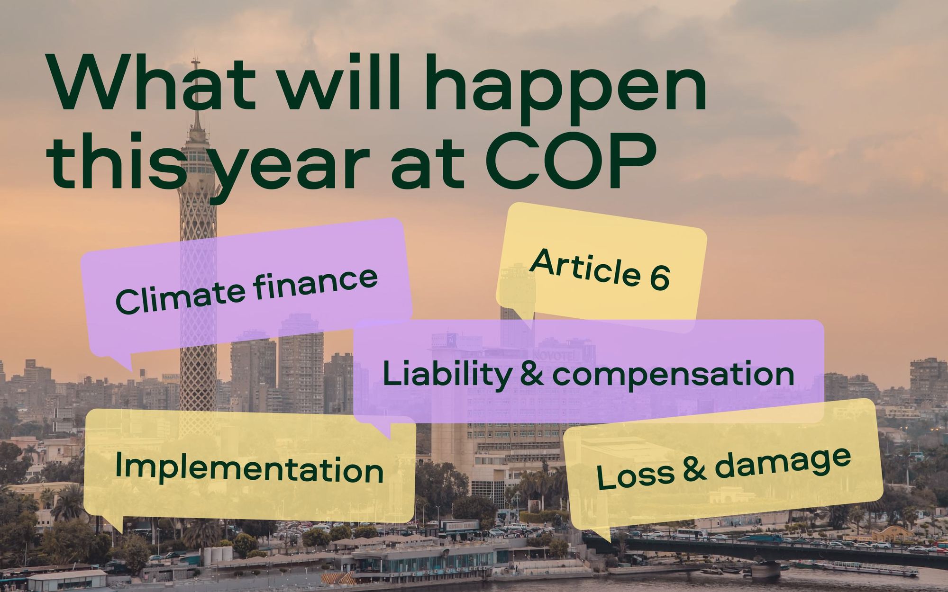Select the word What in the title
point(156,83)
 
